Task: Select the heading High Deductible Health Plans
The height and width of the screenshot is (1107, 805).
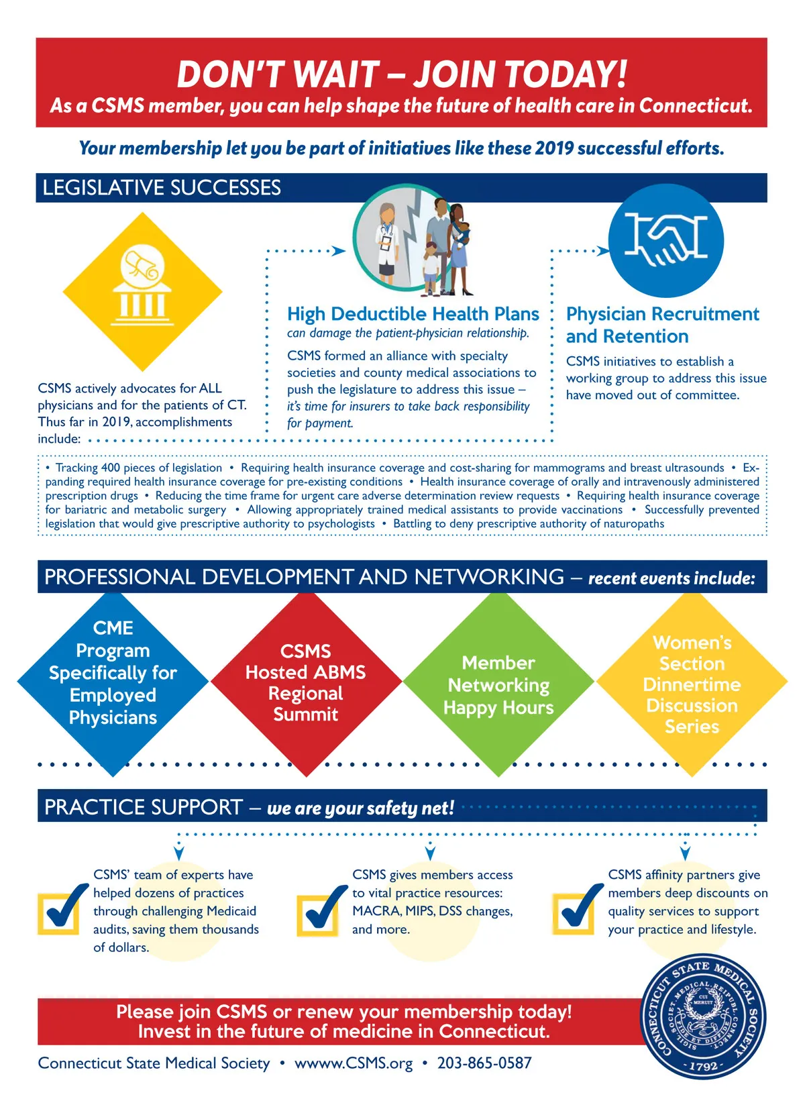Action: tap(413, 314)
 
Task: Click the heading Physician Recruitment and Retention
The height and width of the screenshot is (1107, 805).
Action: tap(662, 325)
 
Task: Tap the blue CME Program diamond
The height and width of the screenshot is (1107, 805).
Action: tap(113, 684)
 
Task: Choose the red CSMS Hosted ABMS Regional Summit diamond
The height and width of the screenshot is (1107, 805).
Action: tap(306, 684)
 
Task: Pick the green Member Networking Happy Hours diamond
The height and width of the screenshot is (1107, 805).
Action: tap(498, 684)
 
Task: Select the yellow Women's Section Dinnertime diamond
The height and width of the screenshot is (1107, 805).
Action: tap(692, 684)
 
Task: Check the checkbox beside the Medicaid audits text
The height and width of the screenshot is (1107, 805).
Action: tap(58, 914)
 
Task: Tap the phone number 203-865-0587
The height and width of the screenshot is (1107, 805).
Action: tap(484, 1063)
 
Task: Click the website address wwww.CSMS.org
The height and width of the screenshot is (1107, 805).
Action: tap(354, 1063)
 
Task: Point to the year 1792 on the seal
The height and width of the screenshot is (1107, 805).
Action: tap(703, 1066)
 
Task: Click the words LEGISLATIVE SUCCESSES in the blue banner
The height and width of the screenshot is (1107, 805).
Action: tap(162, 188)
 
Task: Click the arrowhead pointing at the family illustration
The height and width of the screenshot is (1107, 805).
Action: tap(338, 251)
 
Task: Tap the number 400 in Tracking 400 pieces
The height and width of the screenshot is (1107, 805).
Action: tap(110, 468)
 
